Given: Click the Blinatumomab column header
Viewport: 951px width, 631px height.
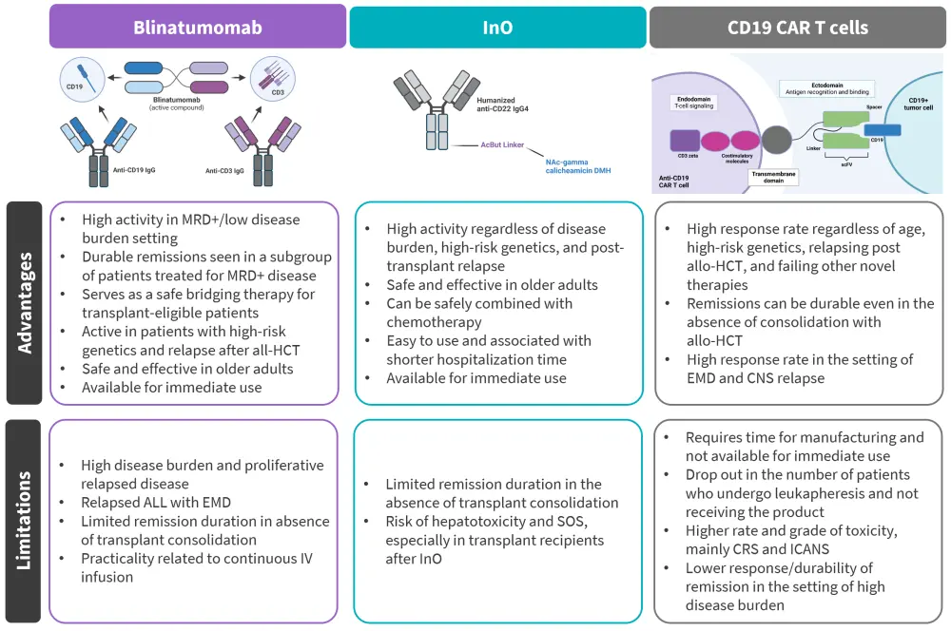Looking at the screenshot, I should pyautogui.click(x=198, y=27).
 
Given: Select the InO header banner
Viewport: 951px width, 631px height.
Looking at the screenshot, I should pyautogui.click(x=497, y=28).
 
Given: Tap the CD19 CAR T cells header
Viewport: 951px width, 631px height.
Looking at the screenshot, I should pyautogui.click(x=797, y=28).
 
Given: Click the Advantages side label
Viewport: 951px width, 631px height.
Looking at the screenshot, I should pyautogui.click(x=25, y=302).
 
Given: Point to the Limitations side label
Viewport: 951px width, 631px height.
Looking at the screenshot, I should pyautogui.click(x=25, y=521).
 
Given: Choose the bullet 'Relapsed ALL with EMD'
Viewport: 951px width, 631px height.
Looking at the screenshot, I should pyautogui.click(x=156, y=503).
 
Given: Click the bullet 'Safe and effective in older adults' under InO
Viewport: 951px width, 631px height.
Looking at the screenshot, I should pyautogui.click(x=492, y=285).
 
